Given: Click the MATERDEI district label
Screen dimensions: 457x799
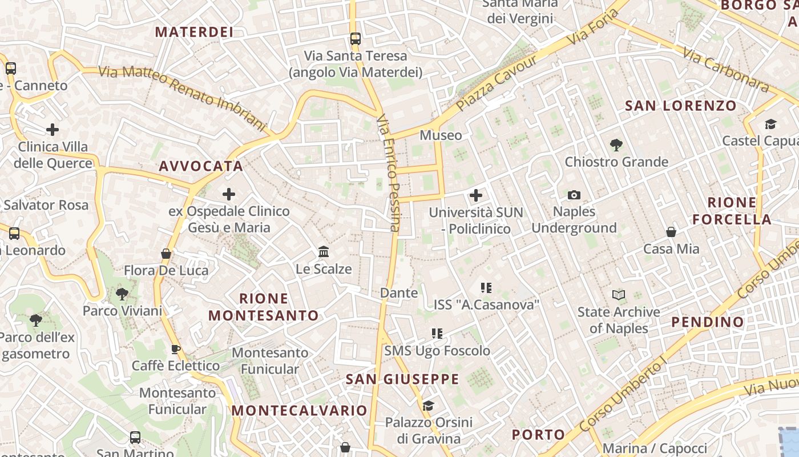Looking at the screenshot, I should pos(194,32).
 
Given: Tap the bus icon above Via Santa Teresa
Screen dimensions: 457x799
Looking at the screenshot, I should pos(356,39).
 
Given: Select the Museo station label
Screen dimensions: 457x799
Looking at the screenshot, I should pos(441,135).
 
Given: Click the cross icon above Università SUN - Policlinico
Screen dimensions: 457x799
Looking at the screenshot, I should pos(476,196).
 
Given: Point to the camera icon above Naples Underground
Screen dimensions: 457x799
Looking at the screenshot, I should pos(574,195).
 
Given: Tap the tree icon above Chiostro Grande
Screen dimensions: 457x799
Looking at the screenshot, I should pos(616,145).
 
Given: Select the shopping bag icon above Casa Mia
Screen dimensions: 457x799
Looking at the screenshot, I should pos(671,232).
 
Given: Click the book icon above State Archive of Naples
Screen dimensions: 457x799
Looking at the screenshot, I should pos(619,295).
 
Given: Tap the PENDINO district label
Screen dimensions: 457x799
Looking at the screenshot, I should pos(708,322).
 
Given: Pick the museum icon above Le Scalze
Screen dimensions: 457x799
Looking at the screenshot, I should pos(324,252).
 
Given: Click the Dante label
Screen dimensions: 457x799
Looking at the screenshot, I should pos(399,293).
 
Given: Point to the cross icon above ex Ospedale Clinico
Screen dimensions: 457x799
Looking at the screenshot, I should pos(229,194).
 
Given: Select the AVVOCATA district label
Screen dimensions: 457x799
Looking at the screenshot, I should pos(201,166).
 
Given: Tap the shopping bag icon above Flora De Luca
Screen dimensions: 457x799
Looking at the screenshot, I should pos(166,254).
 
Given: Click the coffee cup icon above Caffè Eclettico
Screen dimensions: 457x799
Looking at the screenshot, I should pos(176,349).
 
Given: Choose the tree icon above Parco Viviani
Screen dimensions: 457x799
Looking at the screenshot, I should pos(122,294).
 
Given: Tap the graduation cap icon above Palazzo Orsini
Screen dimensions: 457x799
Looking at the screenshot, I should pos(428,406).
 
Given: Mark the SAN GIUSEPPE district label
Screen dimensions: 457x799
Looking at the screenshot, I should pos(402,379).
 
